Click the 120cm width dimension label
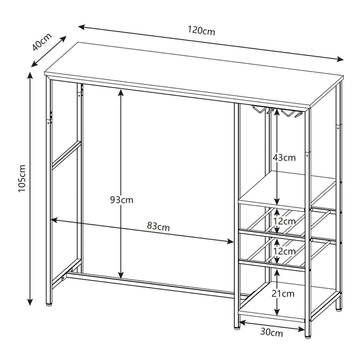tap(201, 30)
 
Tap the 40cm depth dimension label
tap(41, 41)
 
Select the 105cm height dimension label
tap(22, 178)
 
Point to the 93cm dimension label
tap(121, 200)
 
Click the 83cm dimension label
tap(158, 227)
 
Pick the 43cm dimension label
tap(284, 158)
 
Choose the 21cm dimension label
tap(283, 294)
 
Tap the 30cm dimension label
tap(272, 332)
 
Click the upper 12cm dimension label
tap(285, 221)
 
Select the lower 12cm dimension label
tap(285, 251)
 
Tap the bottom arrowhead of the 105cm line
tap(30, 302)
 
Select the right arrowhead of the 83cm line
tap(230, 242)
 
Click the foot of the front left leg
tap(49, 305)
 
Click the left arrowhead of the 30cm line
tap(242, 322)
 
